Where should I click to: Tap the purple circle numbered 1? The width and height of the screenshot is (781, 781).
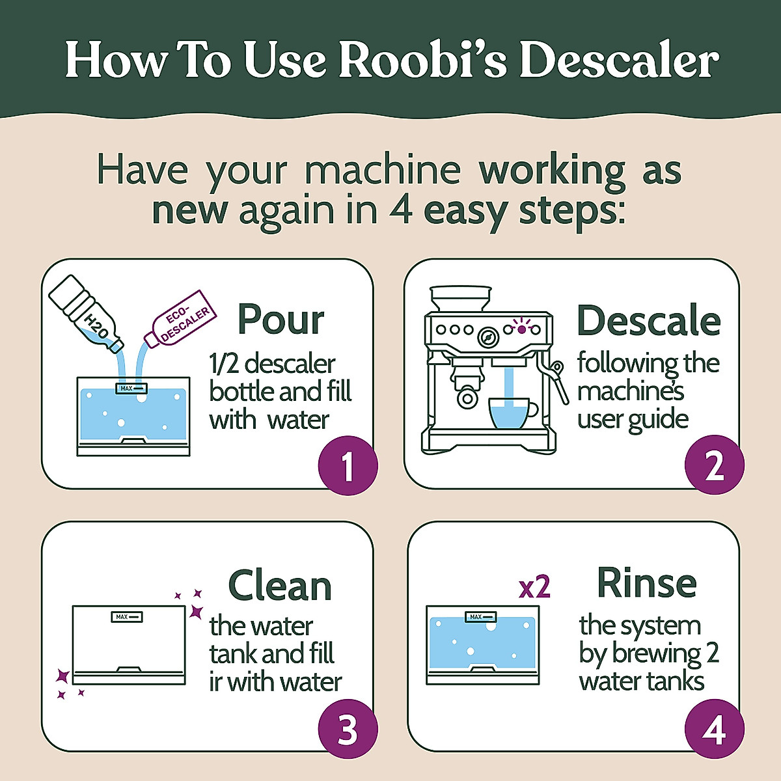pos(348,465)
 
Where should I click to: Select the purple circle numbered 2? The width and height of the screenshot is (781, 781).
pos(714,465)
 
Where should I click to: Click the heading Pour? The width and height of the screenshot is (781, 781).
pos(281,320)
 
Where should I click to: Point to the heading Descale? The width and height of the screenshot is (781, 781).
pos(649,320)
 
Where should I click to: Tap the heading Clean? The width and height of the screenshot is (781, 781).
pos(280,586)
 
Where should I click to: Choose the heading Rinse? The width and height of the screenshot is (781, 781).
pos(646,582)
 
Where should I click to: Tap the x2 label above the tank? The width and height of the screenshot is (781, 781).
pos(534,588)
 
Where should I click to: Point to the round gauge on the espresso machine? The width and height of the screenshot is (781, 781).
pos(487,337)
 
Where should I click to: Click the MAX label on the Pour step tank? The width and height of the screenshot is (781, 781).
pos(132,389)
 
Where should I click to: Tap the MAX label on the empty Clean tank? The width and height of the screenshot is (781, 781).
pos(127,616)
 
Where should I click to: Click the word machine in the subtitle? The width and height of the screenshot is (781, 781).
pos(383,171)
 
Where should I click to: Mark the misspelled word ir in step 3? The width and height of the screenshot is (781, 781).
pos(216,682)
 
